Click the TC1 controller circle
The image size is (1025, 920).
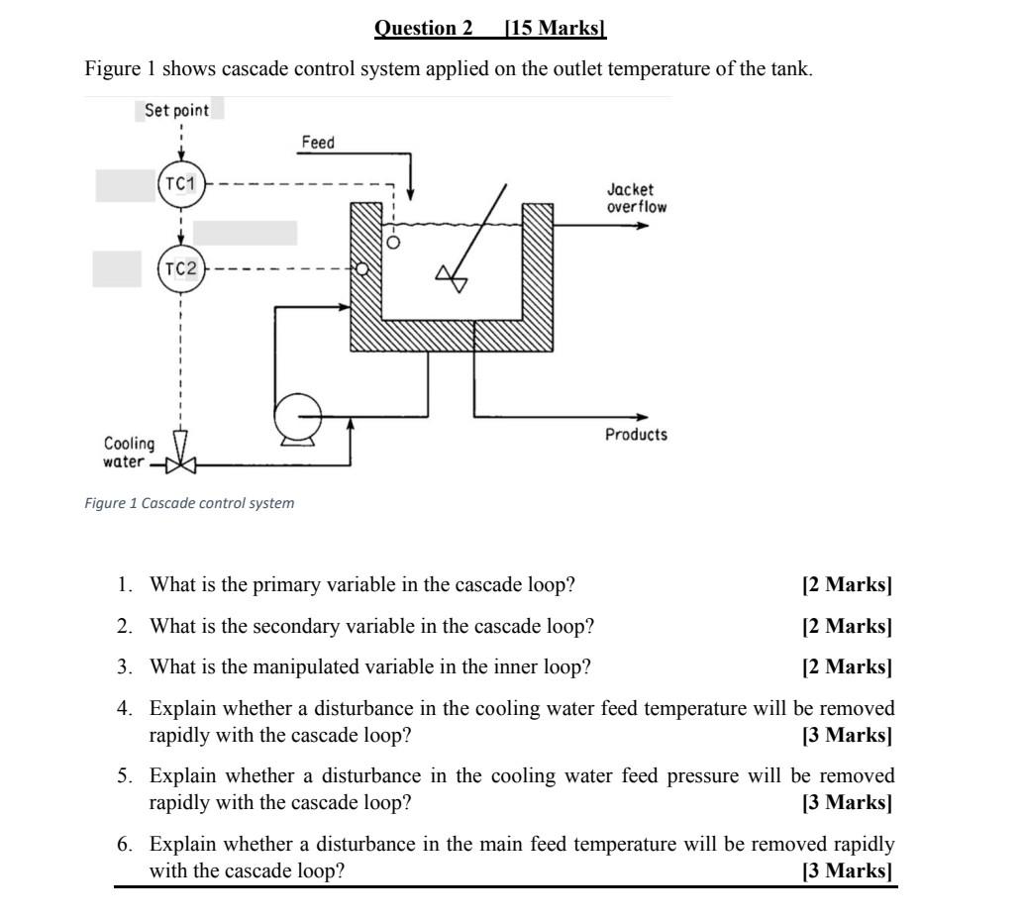tap(181, 184)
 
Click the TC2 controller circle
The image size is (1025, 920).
tap(181, 268)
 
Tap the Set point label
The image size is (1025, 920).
tap(176, 110)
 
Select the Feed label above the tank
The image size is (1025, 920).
tap(318, 143)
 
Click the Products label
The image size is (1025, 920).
tap(637, 435)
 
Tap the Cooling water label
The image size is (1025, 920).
tap(129, 453)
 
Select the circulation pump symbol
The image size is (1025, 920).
tap(298, 416)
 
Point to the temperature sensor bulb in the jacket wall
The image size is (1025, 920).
tap(361, 268)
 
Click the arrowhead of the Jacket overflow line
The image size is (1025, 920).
tap(644, 226)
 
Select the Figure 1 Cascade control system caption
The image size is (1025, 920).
tap(189, 503)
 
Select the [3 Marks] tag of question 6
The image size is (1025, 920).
tap(848, 871)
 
